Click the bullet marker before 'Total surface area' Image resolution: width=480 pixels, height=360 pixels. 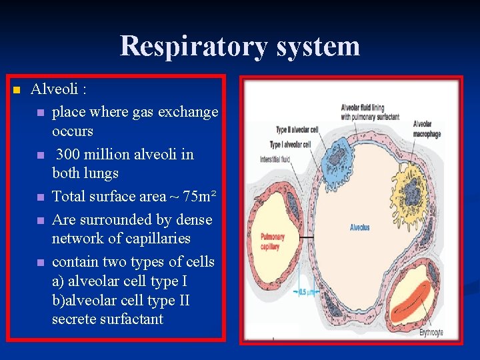coord(41,197)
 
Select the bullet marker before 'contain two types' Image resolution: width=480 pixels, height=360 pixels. coord(41,263)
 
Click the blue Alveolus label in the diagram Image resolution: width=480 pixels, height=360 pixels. coord(359,228)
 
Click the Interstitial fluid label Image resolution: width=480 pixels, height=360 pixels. coord(274,159)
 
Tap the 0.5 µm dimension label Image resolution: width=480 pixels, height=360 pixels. coord(307,291)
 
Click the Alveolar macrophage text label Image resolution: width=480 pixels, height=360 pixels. coord(424,127)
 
